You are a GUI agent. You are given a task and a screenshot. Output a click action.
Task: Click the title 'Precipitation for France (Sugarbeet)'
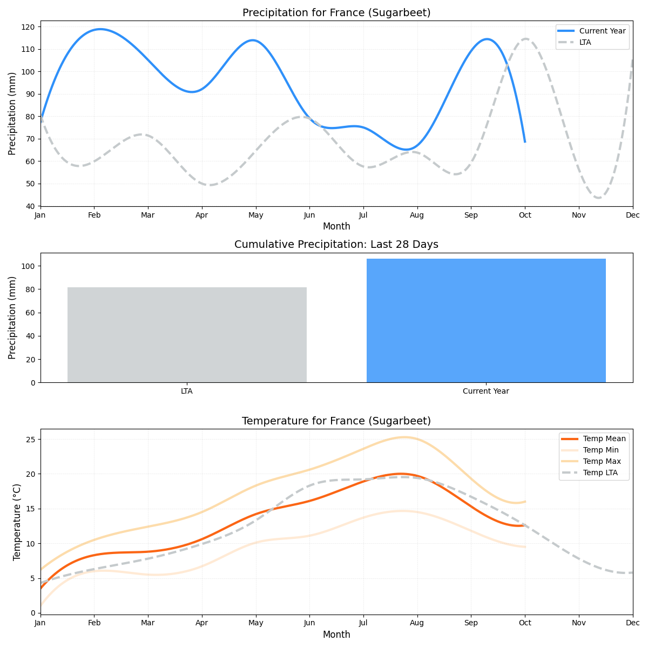pos(336,13)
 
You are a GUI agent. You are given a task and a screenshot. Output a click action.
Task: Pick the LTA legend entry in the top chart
pos(585,42)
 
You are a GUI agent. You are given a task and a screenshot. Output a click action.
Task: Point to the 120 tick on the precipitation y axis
pos(30,27)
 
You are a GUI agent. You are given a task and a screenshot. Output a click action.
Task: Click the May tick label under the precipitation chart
pos(256,215)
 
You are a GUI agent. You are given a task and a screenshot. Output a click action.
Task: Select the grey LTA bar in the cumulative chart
pos(187,335)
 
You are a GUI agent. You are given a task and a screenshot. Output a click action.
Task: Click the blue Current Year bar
pos(486,321)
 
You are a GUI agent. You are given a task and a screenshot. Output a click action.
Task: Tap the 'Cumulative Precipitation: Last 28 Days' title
pos(336,245)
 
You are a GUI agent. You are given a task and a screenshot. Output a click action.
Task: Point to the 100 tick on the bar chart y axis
pos(29,266)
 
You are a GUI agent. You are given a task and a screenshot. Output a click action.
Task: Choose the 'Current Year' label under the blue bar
pos(486,391)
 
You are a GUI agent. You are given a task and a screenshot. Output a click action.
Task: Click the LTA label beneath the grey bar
pos(187,391)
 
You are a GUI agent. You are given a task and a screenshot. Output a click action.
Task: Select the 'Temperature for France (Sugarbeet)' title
pos(336,421)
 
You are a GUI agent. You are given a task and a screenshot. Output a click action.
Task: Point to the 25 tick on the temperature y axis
pos(32,440)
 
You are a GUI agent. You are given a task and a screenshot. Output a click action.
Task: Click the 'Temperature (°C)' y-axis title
pos(17,522)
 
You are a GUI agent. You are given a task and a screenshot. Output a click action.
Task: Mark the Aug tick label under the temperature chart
pos(417,623)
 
